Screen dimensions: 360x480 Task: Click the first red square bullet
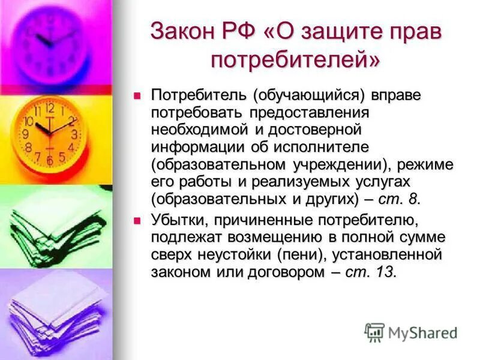pyautogui.click(x=137, y=95)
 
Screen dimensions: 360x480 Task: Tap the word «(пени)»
pyautogui.click(x=299, y=254)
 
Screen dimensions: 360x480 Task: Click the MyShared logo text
pyautogui.click(x=422, y=332)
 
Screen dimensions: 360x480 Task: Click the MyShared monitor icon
pyautogui.click(x=375, y=332)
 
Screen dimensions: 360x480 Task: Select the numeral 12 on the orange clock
pyautogui.click(x=50, y=108)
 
